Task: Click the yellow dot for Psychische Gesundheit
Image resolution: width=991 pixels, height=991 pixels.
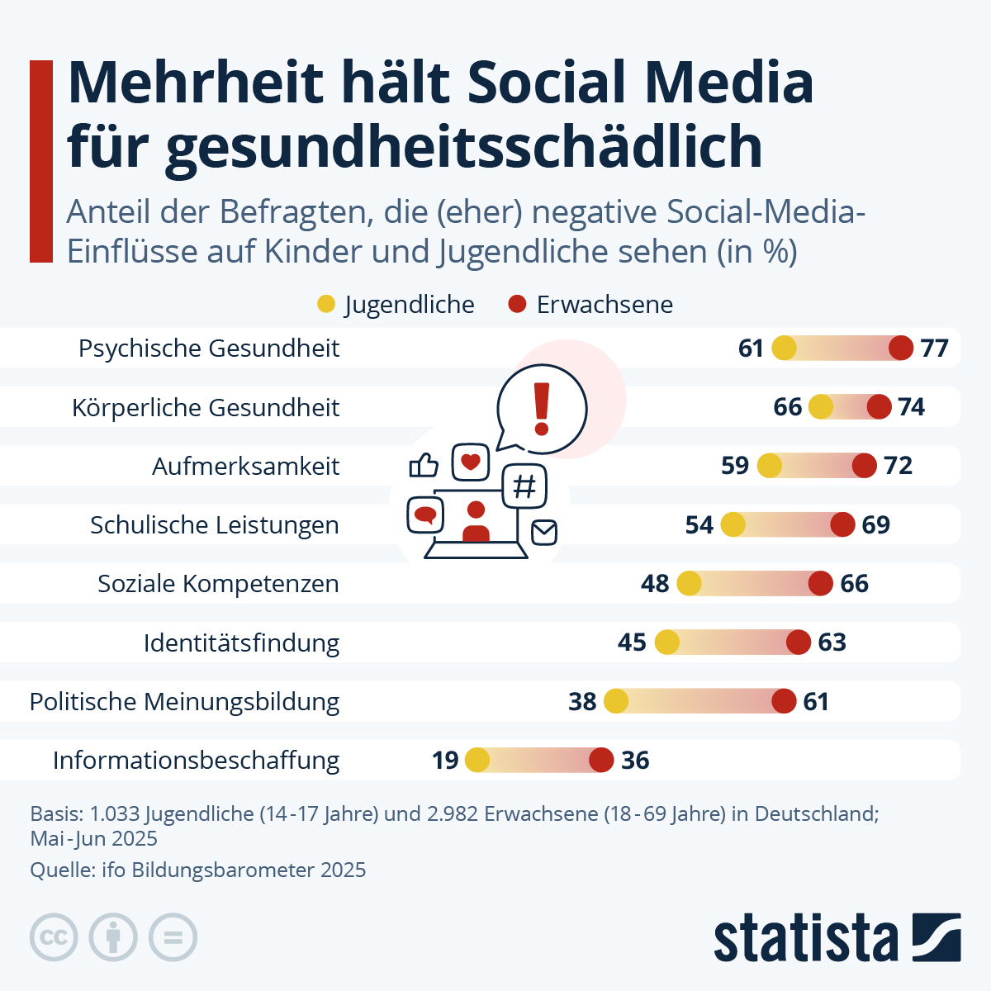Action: pyautogui.click(x=784, y=349)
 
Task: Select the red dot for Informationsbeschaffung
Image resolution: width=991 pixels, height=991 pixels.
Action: pyautogui.click(x=601, y=760)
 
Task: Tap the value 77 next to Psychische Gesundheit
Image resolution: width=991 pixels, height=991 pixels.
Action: pyautogui.click(x=934, y=349)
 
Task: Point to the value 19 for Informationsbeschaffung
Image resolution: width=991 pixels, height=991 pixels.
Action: pyautogui.click(x=445, y=760)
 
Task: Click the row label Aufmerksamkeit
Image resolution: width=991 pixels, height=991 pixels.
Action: pyautogui.click(x=245, y=467)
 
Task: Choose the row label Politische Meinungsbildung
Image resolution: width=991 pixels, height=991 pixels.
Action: pyautogui.click(x=184, y=702)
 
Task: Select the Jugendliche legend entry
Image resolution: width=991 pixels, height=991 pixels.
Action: pyautogui.click(x=396, y=305)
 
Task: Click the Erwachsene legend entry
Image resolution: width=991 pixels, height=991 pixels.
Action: pyautogui.click(x=591, y=305)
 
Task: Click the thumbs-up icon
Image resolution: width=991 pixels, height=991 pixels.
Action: pyautogui.click(x=424, y=466)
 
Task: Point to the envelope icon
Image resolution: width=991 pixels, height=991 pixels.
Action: pyautogui.click(x=543, y=533)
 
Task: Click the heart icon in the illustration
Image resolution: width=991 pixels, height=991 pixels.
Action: pyautogui.click(x=471, y=462)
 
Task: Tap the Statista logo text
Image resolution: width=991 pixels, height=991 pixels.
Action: pyautogui.click(x=805, y=938)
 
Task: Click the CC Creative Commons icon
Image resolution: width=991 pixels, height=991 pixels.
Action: pyautogui.click(x=55, y=938)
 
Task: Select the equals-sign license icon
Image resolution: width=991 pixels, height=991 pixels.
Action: pyautogui.click(x=173, y=938)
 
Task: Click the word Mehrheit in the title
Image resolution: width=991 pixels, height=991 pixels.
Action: pyautogui.click(x=195, y=83)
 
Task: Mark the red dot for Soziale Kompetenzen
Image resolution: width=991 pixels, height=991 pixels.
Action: pyautogui.click(x=820, y=584)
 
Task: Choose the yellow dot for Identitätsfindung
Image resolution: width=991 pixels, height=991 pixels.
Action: pyautogui.click(x=666, y=642)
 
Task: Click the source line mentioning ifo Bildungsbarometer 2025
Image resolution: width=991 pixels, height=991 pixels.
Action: pyautogui.click(x=198, y=870)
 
